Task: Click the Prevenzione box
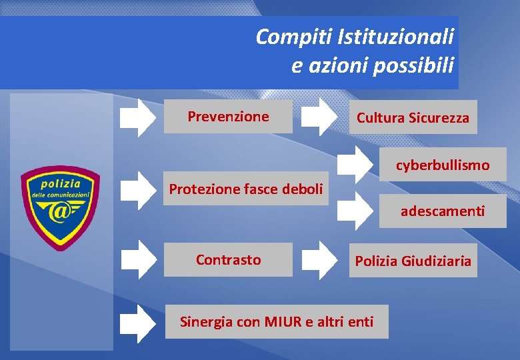click(x=228, y=117)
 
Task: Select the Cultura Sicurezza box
click(x=413, y=118)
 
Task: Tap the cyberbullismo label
click(x=442, y=165)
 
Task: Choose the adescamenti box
click(x=442, y=211)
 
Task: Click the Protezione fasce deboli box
click(x=245, y=189)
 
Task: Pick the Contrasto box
click(x=228, y=259)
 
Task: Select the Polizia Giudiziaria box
click(x=413, y=261)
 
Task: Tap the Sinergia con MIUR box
click(x=277, y=322)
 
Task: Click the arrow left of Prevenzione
click(x=138, y=117)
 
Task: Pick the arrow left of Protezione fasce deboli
click(x=138, y=189)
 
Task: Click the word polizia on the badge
click(x=61, y=183)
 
